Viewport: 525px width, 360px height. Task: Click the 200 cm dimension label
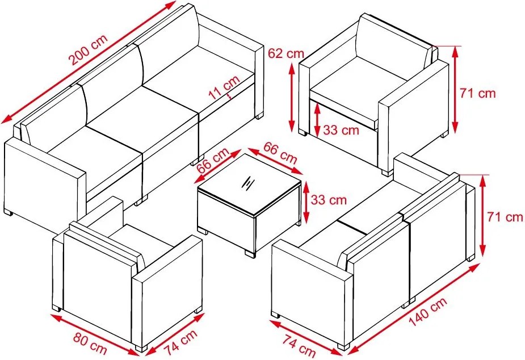click(89, 49)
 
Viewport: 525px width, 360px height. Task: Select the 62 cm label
click(286, 53)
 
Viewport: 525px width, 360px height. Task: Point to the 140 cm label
click(428, 312)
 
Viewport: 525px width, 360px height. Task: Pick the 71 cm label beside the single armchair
click(477, 93)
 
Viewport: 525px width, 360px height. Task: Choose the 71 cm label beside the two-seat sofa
click(505, 217)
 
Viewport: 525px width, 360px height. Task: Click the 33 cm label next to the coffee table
click(329, 200)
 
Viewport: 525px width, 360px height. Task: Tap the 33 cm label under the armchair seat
click(341, 129)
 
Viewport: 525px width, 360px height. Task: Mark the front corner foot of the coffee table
click(249, 253)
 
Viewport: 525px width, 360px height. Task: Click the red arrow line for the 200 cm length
click(89, 62)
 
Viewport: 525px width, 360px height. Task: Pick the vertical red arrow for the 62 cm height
click(292, 97)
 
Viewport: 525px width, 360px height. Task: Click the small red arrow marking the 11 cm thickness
click(229, 96)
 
